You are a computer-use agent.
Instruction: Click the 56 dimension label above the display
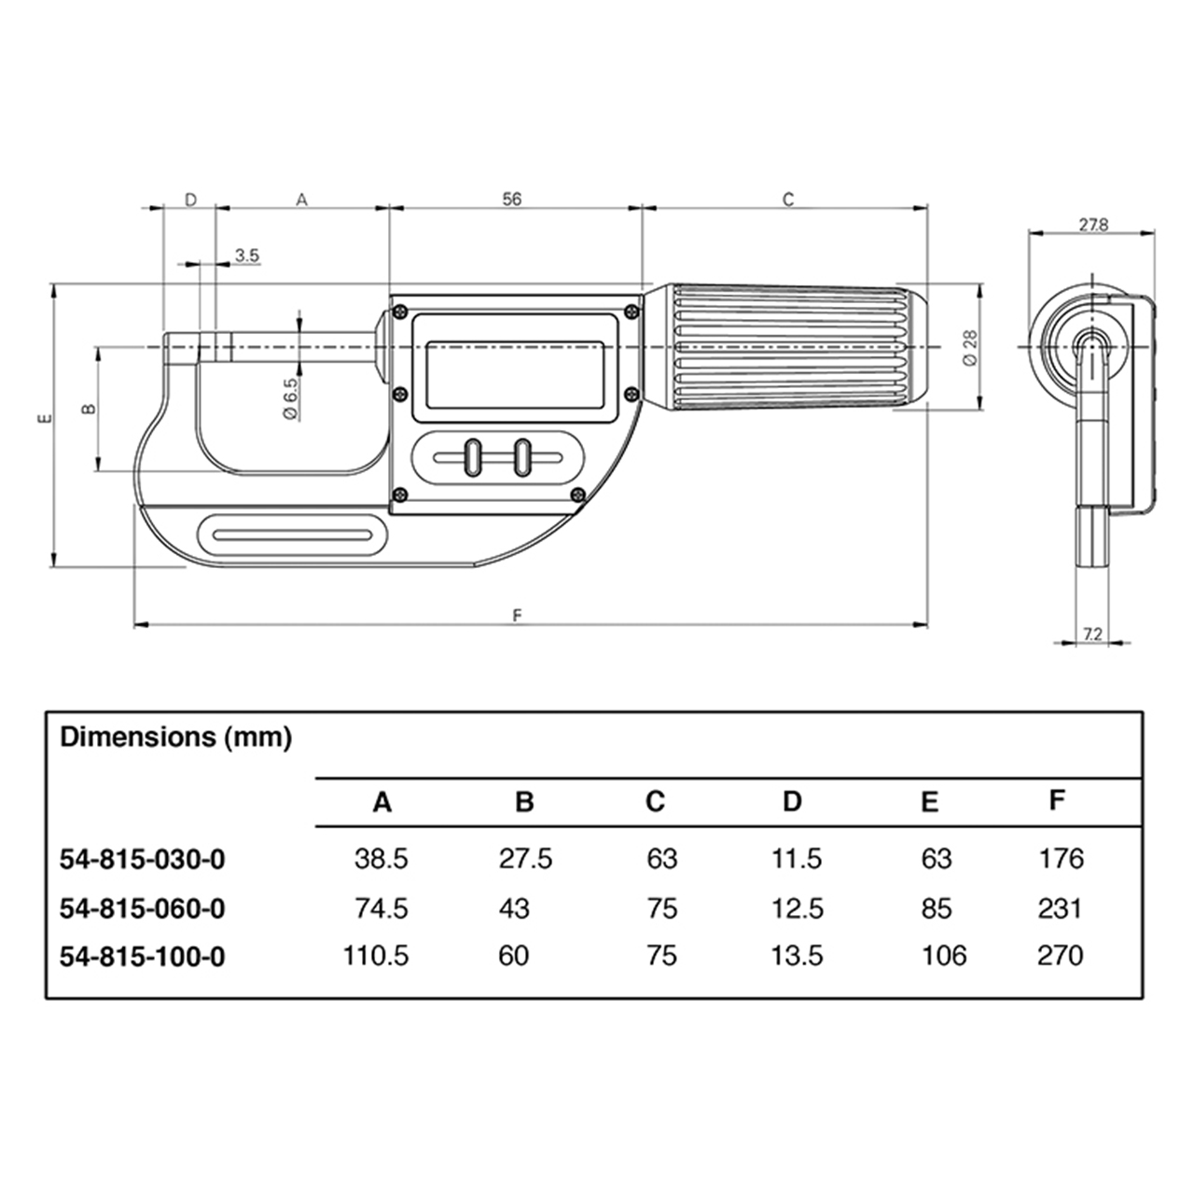511,199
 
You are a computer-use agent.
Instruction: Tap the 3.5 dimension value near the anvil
247,255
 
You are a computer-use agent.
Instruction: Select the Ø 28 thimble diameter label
967,346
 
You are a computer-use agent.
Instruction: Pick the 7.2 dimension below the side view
1093,634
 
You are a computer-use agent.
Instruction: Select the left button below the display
472,459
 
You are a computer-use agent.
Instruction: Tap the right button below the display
521,459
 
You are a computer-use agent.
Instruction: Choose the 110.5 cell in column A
376,955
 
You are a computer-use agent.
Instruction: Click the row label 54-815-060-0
142,908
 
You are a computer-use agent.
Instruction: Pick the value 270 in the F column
1060,955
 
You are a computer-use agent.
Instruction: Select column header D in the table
791,801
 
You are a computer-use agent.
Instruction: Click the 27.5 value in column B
525,858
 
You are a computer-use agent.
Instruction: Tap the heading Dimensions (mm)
175,737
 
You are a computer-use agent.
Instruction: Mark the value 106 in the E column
943,955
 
